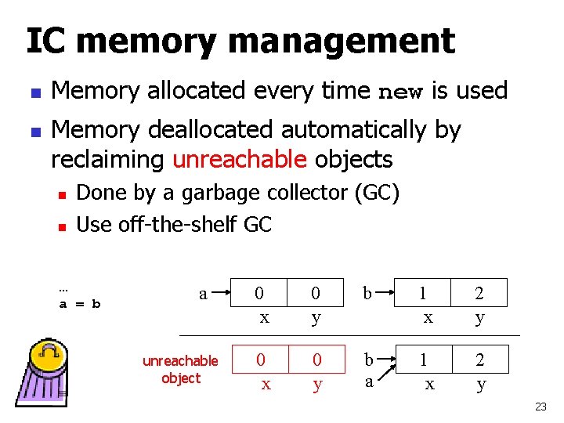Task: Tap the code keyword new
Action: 400,92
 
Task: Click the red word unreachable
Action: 239,159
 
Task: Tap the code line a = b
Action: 80,303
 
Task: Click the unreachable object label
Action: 181,369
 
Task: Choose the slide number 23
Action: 540,407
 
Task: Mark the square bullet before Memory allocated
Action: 31,92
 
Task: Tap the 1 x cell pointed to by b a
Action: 425,371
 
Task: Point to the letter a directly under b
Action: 368,383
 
